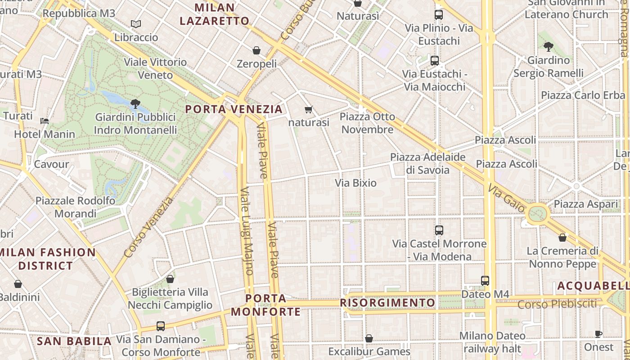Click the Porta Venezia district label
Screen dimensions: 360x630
(x=234, y=109)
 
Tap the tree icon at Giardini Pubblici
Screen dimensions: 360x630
(x=135, y=104)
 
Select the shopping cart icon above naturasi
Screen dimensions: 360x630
(x=309, y=109)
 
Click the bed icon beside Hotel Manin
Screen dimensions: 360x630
(x=45, y=121)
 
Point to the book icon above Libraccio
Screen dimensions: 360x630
(x=136, y=24)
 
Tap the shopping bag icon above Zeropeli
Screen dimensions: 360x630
(x=256, y=50)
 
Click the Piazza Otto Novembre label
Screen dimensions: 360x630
(x=367, y=123)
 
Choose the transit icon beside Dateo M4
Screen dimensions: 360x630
(x=485, y=280)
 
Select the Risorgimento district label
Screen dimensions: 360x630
(x=387, y=302)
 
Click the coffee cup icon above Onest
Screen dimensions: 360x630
(x=598, y=334)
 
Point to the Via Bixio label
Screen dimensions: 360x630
(x=355, y=183)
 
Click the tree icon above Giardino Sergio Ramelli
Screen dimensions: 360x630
(x=548, y=46)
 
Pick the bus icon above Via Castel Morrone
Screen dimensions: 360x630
(x=439, y=230)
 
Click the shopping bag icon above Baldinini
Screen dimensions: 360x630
(x=18, y=284)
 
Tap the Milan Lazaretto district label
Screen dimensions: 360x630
(x=214, y=14)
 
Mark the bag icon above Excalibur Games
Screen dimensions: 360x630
(x=369, y=338)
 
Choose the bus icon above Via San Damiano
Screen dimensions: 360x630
(x=161, y=326)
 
